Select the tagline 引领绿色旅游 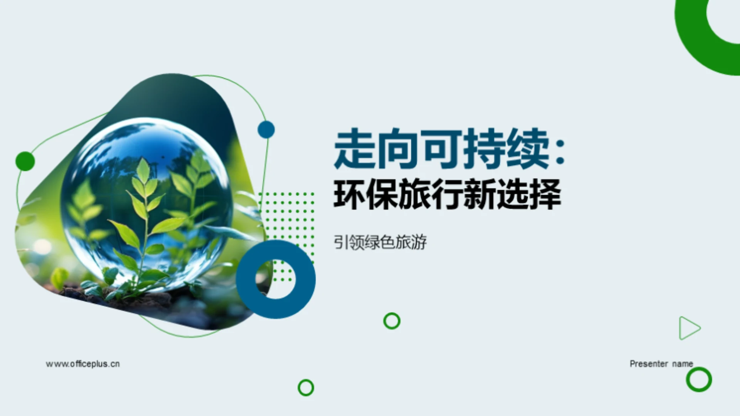(380, 243)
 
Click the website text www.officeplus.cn (83, 364)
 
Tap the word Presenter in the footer (649, 364)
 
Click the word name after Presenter (683, 364)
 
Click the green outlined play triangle (688, 328)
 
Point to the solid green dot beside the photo (25, 161)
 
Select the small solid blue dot (266, 130)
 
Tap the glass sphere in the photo (146, 204)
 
